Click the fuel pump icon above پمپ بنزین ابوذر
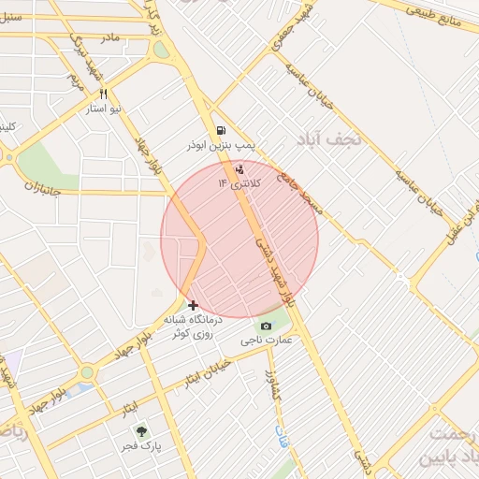[x=220, y=131]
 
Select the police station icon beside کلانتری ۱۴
[x=240, y=169]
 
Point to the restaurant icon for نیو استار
[x=103, y=94]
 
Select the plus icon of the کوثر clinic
[x=193, y=305]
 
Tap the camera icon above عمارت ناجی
[x=267, y=325]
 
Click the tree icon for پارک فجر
[x=141, y=431]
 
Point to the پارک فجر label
[x=143, y=447]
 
